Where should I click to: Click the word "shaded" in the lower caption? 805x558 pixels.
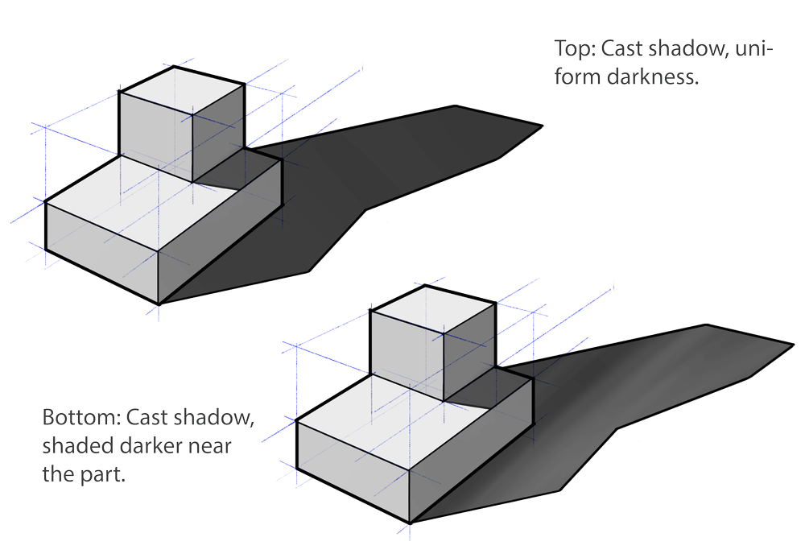pyautogui.click(x=71, y=446)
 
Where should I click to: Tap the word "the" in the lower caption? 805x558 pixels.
pyautogui.click(x=56, y=474)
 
